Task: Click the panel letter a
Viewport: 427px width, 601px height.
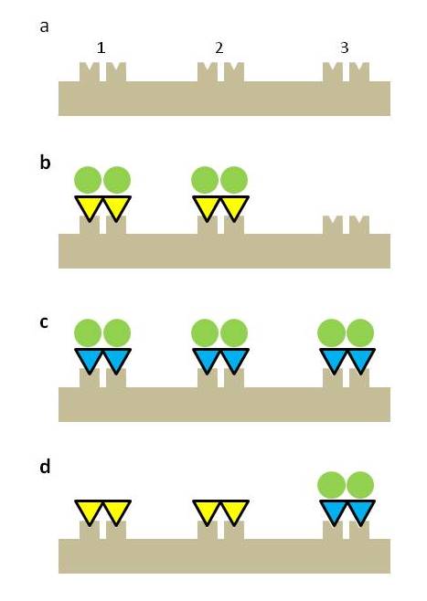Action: click(x=45, y=27)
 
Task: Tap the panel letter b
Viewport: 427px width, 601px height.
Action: click(x=45, y=162)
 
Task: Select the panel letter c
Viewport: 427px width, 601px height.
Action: click(x=44, y=322)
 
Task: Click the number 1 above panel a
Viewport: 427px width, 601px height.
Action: click(x=101, y=47)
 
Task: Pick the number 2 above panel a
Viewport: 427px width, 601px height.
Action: click(x=219, y=47)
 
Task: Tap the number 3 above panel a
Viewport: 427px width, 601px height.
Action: click(x=345, y=47)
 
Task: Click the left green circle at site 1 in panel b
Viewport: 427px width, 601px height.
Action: click(x=88, y=180)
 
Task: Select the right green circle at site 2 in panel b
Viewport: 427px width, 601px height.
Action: click(x=234, y=180)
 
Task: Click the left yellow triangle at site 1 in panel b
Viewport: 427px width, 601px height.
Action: click(x=89, y=206)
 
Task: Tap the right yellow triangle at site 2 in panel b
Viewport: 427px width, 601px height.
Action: click(x=234, y=206)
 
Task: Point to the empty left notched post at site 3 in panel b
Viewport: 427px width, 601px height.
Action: click(x=333, y=226)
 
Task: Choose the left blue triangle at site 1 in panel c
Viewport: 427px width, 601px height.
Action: click(x=89, y=359)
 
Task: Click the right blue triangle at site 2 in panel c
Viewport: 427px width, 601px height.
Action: click(x=234, y=359)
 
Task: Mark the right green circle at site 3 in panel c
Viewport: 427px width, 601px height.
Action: click(x=360, y=332)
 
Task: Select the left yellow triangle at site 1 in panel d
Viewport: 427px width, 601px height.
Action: click(x=89, y=511)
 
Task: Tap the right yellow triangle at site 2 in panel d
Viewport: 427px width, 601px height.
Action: click(x=234, y=511)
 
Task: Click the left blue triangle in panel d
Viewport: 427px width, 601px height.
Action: click(x=334, y=511)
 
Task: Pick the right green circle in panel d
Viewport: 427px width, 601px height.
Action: click(x=360, y=485)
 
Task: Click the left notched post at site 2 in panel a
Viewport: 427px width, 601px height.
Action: click(x=208, y=72)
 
